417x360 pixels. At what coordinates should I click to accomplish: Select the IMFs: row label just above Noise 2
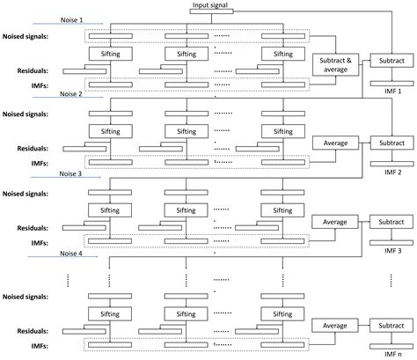click(44, 84)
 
